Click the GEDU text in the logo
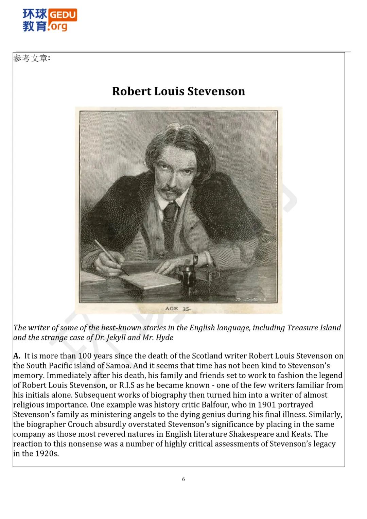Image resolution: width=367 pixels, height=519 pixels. click(x=63, y=15)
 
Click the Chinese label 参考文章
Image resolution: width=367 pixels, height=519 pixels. click(x=31, y=58)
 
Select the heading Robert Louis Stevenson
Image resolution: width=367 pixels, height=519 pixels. click(x=178, y=91)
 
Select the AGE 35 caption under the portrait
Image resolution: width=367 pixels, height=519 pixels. click(x=178, y=309)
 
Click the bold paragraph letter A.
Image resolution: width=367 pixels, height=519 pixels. click(x=17, y=356)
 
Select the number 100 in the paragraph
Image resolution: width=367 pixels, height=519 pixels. click(x=85, y=356)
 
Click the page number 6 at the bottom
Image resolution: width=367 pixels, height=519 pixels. click(x=183, y=479)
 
